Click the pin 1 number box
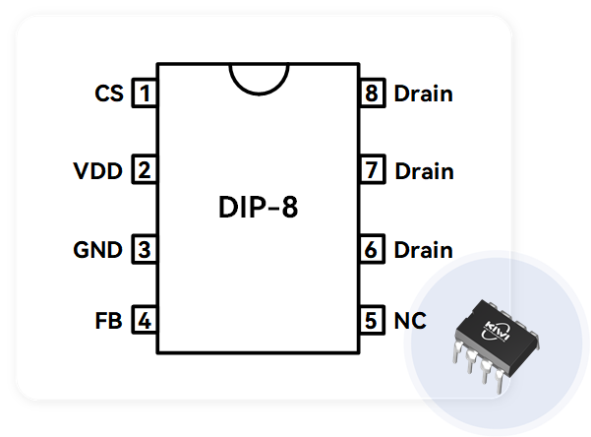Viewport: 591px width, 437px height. coord(145,93)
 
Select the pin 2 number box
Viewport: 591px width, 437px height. coord(145,169)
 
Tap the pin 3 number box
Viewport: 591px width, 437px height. coord(145,249)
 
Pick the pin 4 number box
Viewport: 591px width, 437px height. coord(145,320)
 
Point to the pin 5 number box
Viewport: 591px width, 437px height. coord(372,320)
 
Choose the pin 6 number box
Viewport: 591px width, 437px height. coord(372,249)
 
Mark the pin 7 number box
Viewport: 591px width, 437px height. coord(372,169)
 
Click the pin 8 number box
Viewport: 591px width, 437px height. coord(372,93)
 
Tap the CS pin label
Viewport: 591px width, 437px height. coord(109,94)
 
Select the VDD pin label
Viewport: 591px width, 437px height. coord(98,171)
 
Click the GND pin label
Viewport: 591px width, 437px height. coord(98,250)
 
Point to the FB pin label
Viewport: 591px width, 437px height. coord(108,321)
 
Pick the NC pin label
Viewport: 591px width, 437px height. coord(410,321)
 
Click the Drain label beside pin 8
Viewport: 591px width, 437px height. coord(423,94)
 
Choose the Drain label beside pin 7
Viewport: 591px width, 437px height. coord(425,171)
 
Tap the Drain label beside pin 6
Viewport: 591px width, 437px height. coord(423,250)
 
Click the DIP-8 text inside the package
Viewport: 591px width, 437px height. coord(259,207)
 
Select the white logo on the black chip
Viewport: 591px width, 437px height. coord(496,331)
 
